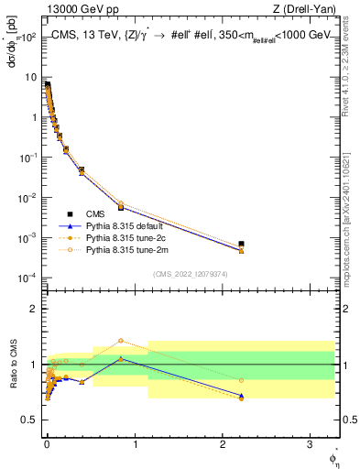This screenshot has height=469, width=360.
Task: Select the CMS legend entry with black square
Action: point(83,213)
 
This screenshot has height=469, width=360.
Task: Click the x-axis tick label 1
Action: point(136,442)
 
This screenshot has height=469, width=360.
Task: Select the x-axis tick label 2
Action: point(224,442)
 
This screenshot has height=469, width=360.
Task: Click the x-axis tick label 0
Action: point(47,442)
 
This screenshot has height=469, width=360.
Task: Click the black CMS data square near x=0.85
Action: point(121,207)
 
